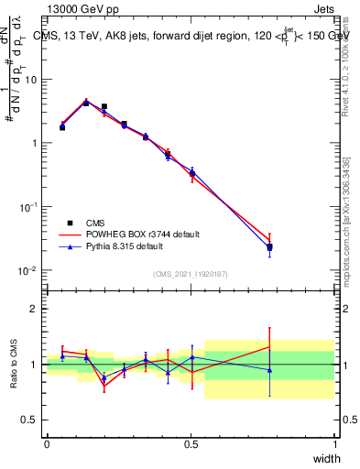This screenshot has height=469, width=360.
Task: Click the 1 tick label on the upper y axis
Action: [36, 144]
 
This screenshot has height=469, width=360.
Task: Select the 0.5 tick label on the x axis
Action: [191, 444]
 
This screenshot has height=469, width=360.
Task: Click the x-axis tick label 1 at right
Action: [334, 444]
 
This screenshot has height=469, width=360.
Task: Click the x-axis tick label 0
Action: [47, 444]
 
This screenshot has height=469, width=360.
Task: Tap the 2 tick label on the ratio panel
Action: [36, 309]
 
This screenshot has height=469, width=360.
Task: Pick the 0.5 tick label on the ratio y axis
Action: [31, 420]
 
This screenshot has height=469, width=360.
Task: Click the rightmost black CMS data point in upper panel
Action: [269, 247]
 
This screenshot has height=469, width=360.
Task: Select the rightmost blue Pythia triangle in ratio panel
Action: [269, 370]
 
